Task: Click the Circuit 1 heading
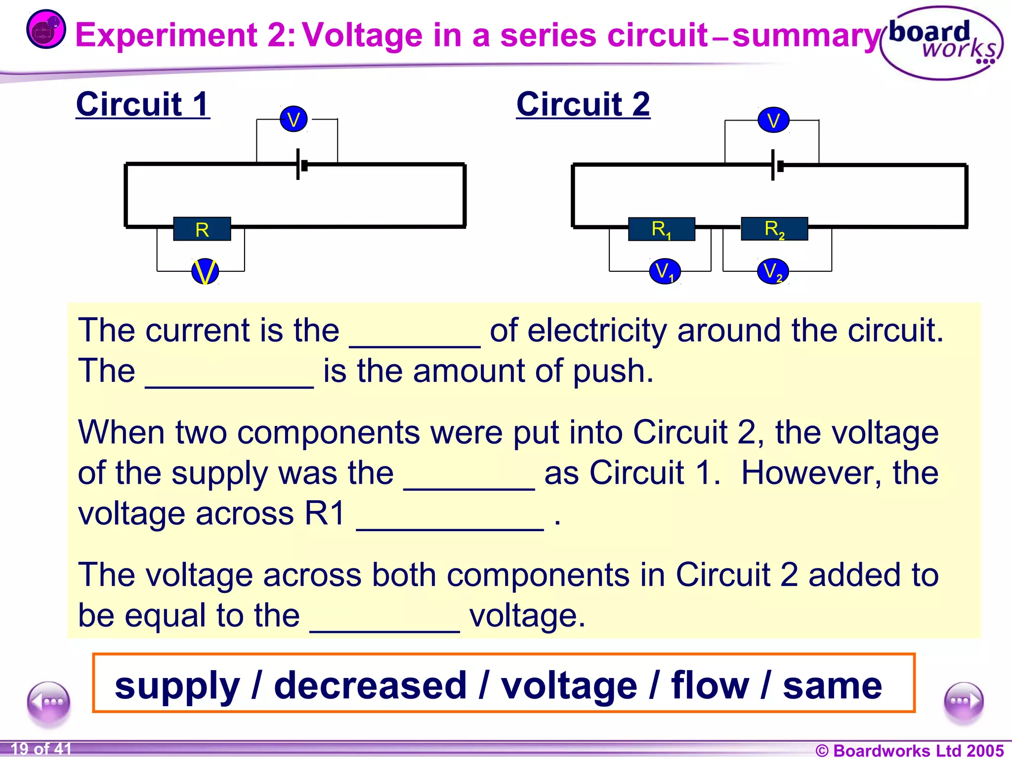(x=143, y=104)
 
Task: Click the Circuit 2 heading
(x=583, y=104)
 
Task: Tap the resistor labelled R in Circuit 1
(x=202, y=229)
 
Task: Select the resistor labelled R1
(x=661, y=229)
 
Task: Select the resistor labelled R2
(x=774, y=229)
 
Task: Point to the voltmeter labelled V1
(x=665, y=271)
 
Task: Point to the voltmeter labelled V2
(x=773, y=271)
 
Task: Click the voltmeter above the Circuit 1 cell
(x=294, y=119)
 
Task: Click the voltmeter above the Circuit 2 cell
(x=773, y=120)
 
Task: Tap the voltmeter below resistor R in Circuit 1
(x=205, y=271)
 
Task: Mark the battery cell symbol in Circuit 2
(x=776, y=166)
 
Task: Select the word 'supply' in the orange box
(x=177, y=686)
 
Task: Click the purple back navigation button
(x=49, y=702)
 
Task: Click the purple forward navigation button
(x=963, y=702)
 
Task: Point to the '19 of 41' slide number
(x=41, y=749)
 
